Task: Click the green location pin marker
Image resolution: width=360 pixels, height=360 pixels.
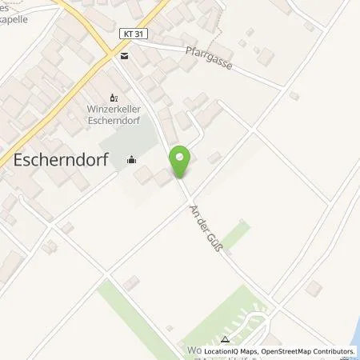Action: point(182,162)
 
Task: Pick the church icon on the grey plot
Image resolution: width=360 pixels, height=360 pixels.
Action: point(131,159)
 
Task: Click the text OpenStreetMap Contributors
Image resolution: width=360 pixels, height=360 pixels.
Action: point(307,351)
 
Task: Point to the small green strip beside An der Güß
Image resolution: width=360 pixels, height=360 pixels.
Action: point(235,235)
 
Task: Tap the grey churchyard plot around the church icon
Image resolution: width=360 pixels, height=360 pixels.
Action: point(120,148)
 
